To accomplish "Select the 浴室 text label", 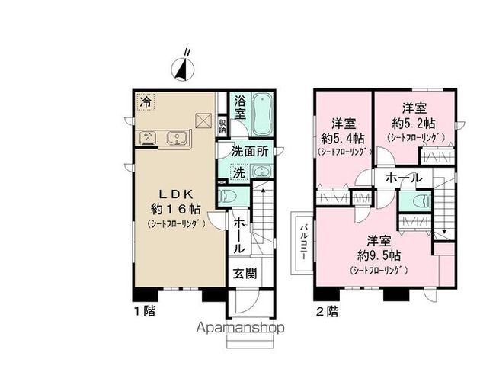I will (x=239, y=108).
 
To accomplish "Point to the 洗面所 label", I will (x=251, y=151).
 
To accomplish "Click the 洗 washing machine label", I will (x=239, y=173).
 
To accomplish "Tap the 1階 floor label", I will (x=145, y=312).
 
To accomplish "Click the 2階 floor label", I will (x=327, y=312).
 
